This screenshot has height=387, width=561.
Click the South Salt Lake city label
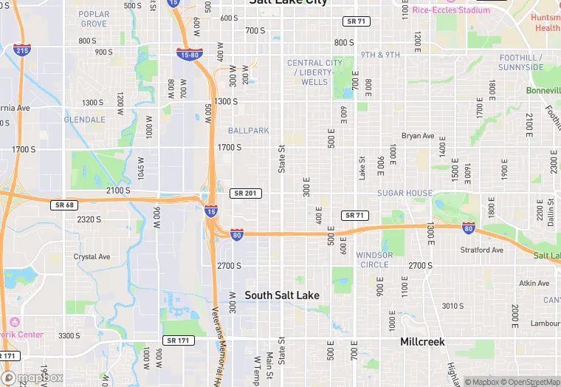pyautogui.click(x=282, y=295)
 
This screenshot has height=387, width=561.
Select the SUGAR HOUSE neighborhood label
pyautogui.click(x=405, y=193)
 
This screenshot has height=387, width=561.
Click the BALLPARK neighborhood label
pyautogui.click(x=248, y=131)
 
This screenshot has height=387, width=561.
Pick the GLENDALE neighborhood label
pyautogui.click(x=84, y=120)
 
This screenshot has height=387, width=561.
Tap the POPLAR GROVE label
pyautogui.click(x=94, y=19)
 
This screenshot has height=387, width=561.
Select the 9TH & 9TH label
pyautogui.click(x=380, y=55)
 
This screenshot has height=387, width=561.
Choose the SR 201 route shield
pyautogui.click(x=245, y=193)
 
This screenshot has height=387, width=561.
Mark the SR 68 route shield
pyautogui.click(x=65, y=205)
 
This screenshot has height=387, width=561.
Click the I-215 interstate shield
pyautogui.click(x=22, y=50)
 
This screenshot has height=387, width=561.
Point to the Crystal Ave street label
pyautogui.click(x=92, y=257)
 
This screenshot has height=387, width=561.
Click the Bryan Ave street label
pyautogui.click(x=418, y=136)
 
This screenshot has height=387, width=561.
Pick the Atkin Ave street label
pyautogui.click(x=534, y=283)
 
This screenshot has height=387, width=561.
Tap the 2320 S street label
pyautogui.click(x=89, y=219)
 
